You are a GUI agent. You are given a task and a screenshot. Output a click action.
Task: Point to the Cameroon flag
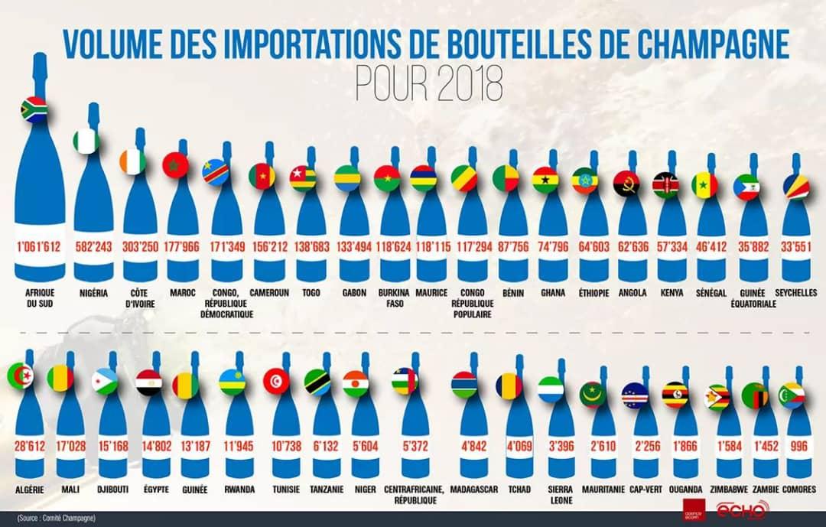click(262, 176)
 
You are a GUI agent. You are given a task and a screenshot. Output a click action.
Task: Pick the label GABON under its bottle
click(354, 293)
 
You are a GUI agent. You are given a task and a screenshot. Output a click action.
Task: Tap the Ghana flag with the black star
click(545, 179)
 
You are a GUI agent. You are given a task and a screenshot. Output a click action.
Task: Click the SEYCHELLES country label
click(795, 293)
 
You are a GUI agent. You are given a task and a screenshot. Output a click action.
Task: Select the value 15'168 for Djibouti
click(112, 445)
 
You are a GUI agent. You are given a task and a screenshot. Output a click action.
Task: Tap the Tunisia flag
click(276, 380)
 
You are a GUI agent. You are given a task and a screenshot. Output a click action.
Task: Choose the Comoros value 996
click(800, 445)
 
